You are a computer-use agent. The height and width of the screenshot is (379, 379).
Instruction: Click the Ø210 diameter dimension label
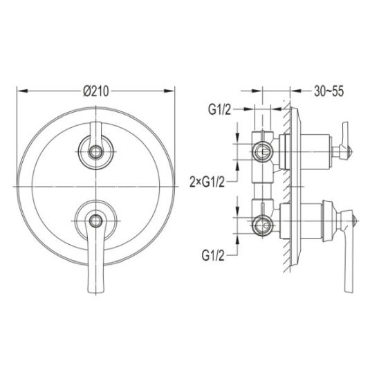click(x=96, y=91)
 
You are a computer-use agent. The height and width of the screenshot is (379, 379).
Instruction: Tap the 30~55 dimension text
click(x=329, y=91)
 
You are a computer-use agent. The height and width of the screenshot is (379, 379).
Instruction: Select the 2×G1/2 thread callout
click(x=207, y=182)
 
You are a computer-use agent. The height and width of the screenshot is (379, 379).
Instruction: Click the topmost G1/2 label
click(x=219, y=110)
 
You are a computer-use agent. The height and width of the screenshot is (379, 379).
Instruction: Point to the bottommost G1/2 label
click(x=213, y=255)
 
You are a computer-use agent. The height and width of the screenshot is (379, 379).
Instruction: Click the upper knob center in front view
click(x=95, y=152)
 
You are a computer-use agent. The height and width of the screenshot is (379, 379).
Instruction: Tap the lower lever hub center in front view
click(x=95, y=221)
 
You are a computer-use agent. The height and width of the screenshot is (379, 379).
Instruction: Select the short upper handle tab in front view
click(x=95, y=131)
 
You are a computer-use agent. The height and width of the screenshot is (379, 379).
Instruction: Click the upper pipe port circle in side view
click(x=261, y=152)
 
